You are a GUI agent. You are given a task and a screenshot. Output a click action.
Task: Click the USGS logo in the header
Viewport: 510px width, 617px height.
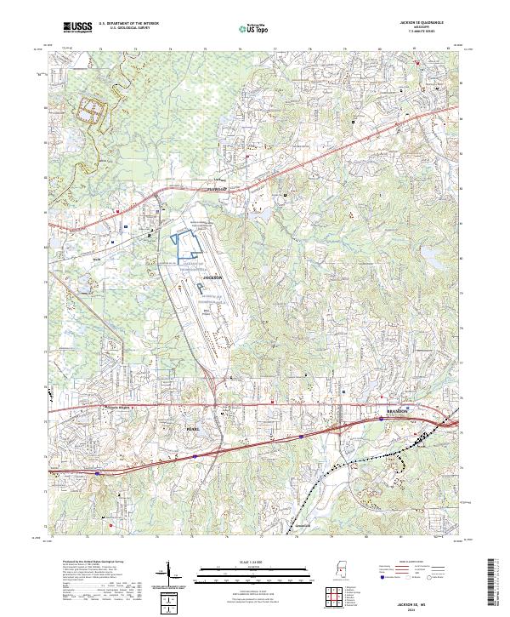pos(77,28)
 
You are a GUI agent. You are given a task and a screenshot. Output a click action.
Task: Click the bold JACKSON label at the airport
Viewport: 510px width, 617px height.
pos(212,278)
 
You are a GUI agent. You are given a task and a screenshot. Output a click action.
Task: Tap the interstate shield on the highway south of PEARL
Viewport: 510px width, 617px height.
pos(195,456)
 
